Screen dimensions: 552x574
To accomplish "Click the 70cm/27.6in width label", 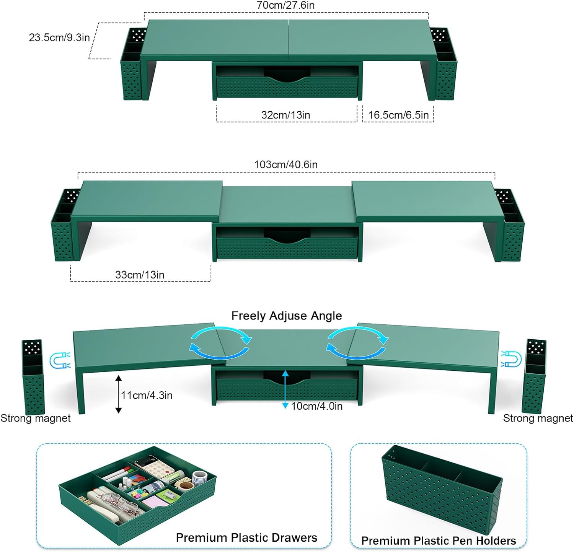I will [285, 5].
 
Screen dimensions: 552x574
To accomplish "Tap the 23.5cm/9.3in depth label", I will [59, 37].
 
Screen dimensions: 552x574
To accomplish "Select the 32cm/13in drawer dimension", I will [285, 115].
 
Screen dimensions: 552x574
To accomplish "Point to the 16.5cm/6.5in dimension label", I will [398, 115].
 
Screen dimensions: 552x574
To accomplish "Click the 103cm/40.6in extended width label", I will [286, 164].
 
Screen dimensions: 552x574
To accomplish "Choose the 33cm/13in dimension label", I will [140, 275].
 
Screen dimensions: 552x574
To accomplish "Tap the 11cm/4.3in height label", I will [147, 395].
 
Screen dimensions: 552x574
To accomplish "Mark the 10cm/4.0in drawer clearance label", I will [317, 406].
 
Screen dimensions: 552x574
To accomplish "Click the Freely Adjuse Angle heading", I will [287, 316].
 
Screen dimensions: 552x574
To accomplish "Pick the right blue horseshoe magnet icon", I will [512, 359].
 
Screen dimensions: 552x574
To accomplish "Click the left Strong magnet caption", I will [36, 418].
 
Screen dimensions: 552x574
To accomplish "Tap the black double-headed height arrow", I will [119, 394].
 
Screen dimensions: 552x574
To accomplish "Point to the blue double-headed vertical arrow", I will [285, 389].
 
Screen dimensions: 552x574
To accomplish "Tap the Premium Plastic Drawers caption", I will [246, 537].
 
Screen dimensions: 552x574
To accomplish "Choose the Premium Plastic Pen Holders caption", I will [439, 541].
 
